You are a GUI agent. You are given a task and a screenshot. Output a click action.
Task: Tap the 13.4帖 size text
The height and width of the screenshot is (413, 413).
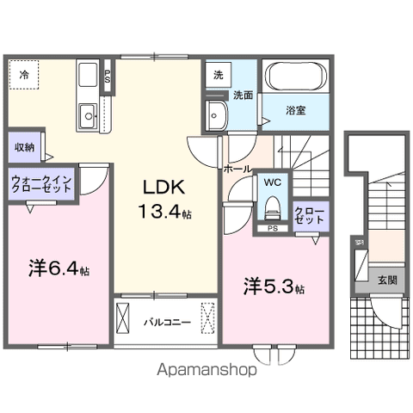[161, 213]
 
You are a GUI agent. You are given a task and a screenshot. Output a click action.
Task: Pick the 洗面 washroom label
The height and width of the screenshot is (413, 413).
[243, 96]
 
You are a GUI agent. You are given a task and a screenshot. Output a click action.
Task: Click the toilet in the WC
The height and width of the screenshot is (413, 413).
[271, 207]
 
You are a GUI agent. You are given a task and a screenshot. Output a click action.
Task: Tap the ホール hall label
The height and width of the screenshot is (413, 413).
[238, 169]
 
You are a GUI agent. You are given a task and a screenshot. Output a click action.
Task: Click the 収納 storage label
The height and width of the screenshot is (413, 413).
[23, 146]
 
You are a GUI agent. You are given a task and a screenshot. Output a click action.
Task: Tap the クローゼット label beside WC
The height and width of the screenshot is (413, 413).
[310, 215]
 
